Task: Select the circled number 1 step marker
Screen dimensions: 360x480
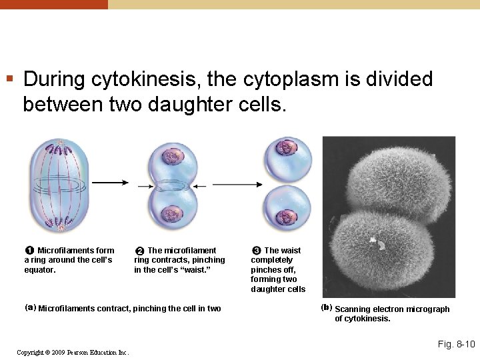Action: click(x=30, y=251)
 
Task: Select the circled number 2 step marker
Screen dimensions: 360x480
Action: click(x=140, y=251)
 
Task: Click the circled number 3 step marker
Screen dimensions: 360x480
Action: click(x=257, y=251)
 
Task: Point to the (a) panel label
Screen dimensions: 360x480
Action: click(x=30, y=307)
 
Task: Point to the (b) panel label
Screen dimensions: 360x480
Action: click(x=327, y=307)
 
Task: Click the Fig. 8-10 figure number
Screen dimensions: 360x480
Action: click(x=456, y=344)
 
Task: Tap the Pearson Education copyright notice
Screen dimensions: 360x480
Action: click(x=73, y=352)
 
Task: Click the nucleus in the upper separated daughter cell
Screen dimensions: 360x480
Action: click(x=289, y=147)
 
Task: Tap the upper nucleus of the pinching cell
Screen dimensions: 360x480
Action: click(x=173, y=157)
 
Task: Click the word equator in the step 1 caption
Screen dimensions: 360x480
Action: click(x=40, y=270)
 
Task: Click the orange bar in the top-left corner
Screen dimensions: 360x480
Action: click(x=53, y=4)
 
